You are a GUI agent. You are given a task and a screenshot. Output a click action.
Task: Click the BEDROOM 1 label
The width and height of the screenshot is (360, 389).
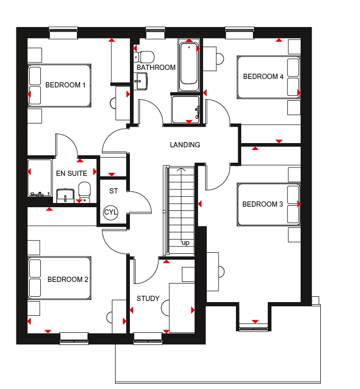tap(66, 85)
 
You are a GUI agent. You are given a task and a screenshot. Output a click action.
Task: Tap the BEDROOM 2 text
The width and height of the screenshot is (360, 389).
tap(68, 280)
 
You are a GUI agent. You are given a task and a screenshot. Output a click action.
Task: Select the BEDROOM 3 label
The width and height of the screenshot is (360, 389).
tap(262, 204)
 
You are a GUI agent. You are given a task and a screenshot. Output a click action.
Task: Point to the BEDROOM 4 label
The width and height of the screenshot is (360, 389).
tap(263, 76)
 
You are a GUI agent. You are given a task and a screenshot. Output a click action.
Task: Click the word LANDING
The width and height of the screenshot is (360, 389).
tap(185, 145)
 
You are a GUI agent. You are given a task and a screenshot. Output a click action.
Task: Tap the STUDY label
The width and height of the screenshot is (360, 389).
tap(148, 298)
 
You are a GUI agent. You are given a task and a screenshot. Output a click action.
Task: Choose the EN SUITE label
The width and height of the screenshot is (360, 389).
tap(72, 173)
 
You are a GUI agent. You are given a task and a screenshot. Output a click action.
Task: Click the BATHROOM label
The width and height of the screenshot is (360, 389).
tap(156, 67)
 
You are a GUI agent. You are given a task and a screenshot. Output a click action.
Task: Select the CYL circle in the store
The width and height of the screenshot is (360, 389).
tap(111, 213)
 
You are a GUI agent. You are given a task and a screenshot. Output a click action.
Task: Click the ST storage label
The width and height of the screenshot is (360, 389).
tap(113, 191)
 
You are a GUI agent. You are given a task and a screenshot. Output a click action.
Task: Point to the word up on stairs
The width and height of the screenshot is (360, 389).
tap(186, 243)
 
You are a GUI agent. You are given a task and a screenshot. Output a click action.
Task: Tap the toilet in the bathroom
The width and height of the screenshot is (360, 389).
tap(144, 57)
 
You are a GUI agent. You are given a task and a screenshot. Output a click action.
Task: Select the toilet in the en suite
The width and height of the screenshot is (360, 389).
tap(85, 192)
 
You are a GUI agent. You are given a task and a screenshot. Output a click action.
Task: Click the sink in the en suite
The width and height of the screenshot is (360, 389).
tap(65, 196)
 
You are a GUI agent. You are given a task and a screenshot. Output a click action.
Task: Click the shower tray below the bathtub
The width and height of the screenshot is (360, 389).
tap(186, 109)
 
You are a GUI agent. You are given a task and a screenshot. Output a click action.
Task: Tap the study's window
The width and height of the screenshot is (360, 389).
tap(148, 339)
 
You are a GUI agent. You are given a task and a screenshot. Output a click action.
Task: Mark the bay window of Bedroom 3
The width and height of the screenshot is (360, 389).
tap(253, 327)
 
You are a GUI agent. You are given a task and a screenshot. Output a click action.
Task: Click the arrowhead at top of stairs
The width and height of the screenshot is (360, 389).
tap(182, 170)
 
